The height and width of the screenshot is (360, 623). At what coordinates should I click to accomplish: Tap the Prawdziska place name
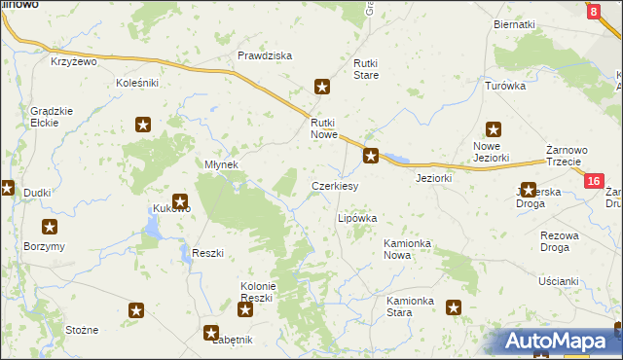click(x=265, y=55)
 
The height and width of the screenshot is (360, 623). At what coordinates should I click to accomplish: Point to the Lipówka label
click(x=356, y=219)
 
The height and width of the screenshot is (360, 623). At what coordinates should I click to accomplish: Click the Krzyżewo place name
click(x=75, y=61)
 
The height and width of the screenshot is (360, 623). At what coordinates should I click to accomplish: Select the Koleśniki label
click(x=136, y=84)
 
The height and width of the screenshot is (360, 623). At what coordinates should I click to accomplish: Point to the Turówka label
click(x=505, y=86)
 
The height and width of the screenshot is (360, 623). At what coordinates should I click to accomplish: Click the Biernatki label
click(x=515, y=23)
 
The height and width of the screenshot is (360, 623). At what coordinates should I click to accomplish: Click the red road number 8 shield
click(x=594, y=12)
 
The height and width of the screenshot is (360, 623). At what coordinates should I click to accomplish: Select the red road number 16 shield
click(x=594, y=181)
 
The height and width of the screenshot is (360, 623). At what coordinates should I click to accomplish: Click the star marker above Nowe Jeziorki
click(x=494, y=128)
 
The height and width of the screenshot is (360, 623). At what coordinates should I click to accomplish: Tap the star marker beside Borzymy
click(x=49, y=227)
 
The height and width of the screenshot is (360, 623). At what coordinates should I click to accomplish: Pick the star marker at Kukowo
click(x=179, y=200)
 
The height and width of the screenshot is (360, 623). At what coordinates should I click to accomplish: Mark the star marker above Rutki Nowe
click(x=323, y=88)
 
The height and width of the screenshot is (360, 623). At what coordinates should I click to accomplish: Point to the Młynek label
click(x=221, y=164)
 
